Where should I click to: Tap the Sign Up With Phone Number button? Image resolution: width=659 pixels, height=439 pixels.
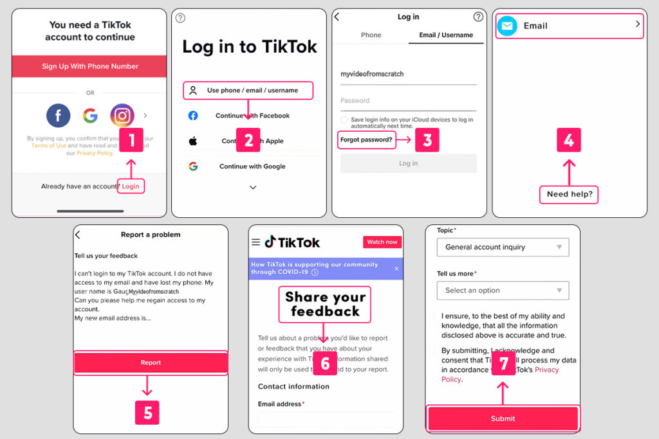click(90, 66)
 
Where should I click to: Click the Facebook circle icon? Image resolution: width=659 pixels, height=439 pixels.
click(58, 116)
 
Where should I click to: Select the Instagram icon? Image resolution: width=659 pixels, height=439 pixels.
click(122, 116)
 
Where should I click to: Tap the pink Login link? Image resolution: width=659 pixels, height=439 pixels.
click(131, 186)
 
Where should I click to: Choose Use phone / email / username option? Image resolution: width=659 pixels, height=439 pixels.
click(248, 91)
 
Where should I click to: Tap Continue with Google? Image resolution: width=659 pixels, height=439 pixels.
click(252, 166)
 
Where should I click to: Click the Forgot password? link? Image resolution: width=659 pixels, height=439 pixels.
click(366, 139)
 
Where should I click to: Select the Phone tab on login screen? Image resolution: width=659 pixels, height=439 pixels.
click(371, 35)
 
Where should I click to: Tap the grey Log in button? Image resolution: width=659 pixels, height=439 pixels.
click(408, 163)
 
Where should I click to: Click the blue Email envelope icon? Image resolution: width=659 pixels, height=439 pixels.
click(508, 26)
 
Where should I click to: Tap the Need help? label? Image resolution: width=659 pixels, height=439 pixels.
click(570, 194)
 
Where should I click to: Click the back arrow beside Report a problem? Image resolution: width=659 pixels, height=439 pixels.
click(78, 235)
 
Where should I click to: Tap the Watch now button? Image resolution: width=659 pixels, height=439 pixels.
click(382, 242)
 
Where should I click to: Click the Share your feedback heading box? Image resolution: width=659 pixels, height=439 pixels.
click(325, 304)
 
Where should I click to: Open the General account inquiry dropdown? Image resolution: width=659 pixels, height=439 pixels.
click(503, 247)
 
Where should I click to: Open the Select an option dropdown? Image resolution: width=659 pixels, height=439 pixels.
click(503, 291)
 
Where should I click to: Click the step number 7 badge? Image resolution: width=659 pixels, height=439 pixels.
click(504, 364)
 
